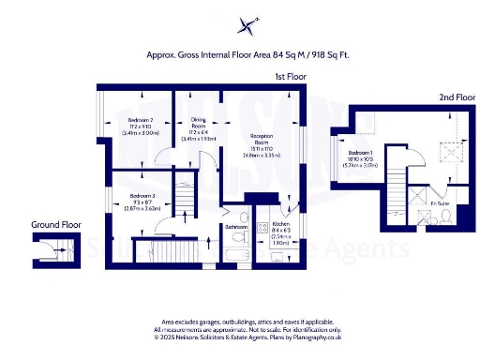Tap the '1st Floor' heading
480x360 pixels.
[291, 75]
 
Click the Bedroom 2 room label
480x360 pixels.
[141, 125]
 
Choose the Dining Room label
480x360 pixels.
[198, 126]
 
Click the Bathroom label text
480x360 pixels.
[235, 227]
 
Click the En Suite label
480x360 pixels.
[439, 202]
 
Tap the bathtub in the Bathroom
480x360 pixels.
[236, 252]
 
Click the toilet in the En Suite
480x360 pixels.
[448, 218]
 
